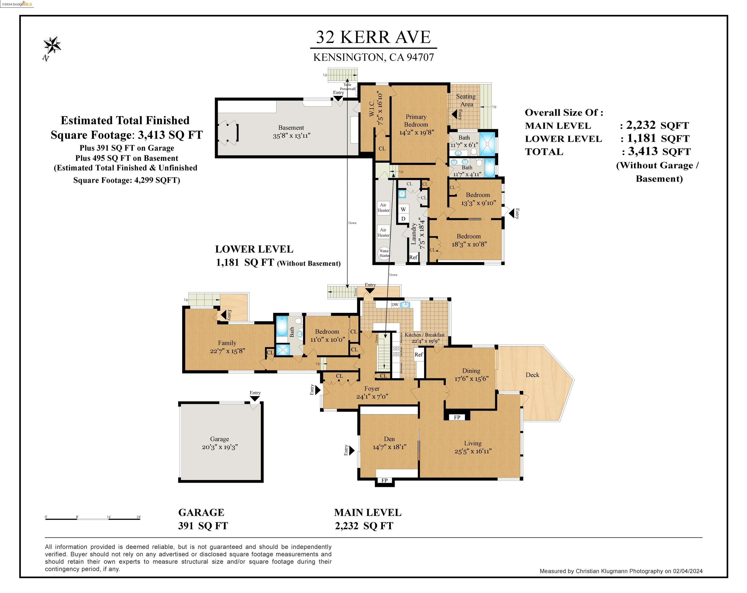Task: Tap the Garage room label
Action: (219, 439)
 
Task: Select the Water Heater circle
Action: (384, 253)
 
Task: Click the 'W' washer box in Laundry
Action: (403, 209)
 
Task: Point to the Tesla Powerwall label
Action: (348, 86)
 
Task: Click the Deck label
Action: (532, 375)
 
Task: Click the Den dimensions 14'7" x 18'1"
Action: (389, 447)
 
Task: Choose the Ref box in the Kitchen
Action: (419, 354)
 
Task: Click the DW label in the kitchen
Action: (395, 305)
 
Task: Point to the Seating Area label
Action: (466, 100)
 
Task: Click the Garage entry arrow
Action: (255, 399)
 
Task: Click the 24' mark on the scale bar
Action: (138, 517)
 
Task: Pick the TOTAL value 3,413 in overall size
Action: (643, 151)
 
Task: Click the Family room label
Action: (227, 343)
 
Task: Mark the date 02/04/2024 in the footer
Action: (687, 571)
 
